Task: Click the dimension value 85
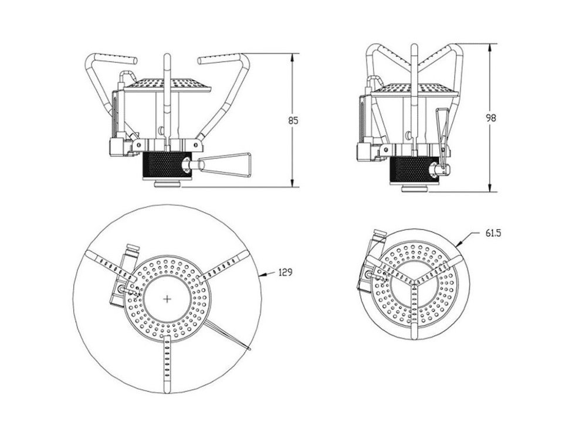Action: point(293,120)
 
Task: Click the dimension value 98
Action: point(490,118)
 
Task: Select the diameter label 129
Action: point(286,272)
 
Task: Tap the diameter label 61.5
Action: point(493,233)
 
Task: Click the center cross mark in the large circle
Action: point(167,299)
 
